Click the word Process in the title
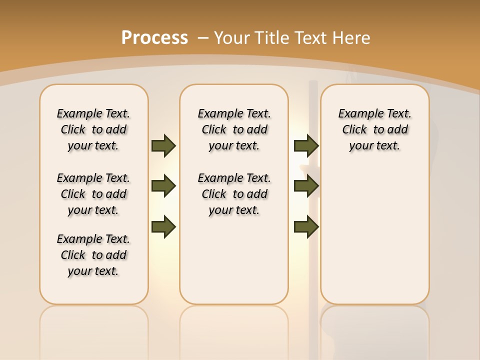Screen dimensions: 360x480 (x=154, y=37)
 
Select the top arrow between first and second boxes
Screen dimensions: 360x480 (x=163, y=146)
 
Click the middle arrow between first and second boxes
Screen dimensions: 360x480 (x=163, y=186)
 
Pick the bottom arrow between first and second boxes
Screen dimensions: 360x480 (x=163, y=227)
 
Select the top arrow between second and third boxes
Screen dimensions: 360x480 (x=306, y=146)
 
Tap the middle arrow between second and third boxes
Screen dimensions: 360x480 (x=306, y=186)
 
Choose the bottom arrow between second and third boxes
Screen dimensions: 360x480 (x=306, y=227)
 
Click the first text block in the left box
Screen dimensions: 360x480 (x=93, y=129)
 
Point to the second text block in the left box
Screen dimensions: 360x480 (x=93, y=194)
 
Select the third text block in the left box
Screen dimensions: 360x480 (x=93, y=255)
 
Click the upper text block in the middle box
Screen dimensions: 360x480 (x=234, y=129)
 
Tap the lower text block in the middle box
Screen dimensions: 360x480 (x=234, y=194)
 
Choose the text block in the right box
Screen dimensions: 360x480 (x=375, y=129)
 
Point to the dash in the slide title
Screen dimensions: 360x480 (x=203, y=37)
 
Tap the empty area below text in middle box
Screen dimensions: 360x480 (x=234, y=260)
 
